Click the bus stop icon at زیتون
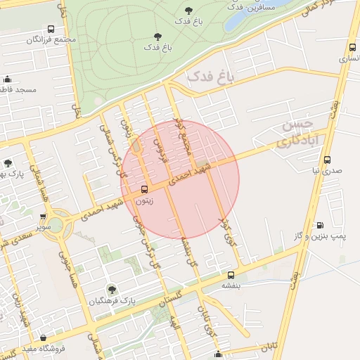[145, 189]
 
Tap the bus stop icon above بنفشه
[231, 275]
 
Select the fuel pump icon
[320, 226]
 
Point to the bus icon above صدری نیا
[317, 160]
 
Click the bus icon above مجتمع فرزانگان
[51, 30]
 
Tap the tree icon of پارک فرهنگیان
[111, 289]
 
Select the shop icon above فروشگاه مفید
[44, 337]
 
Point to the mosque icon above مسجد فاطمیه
[8, 79]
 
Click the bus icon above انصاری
[352, 48]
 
